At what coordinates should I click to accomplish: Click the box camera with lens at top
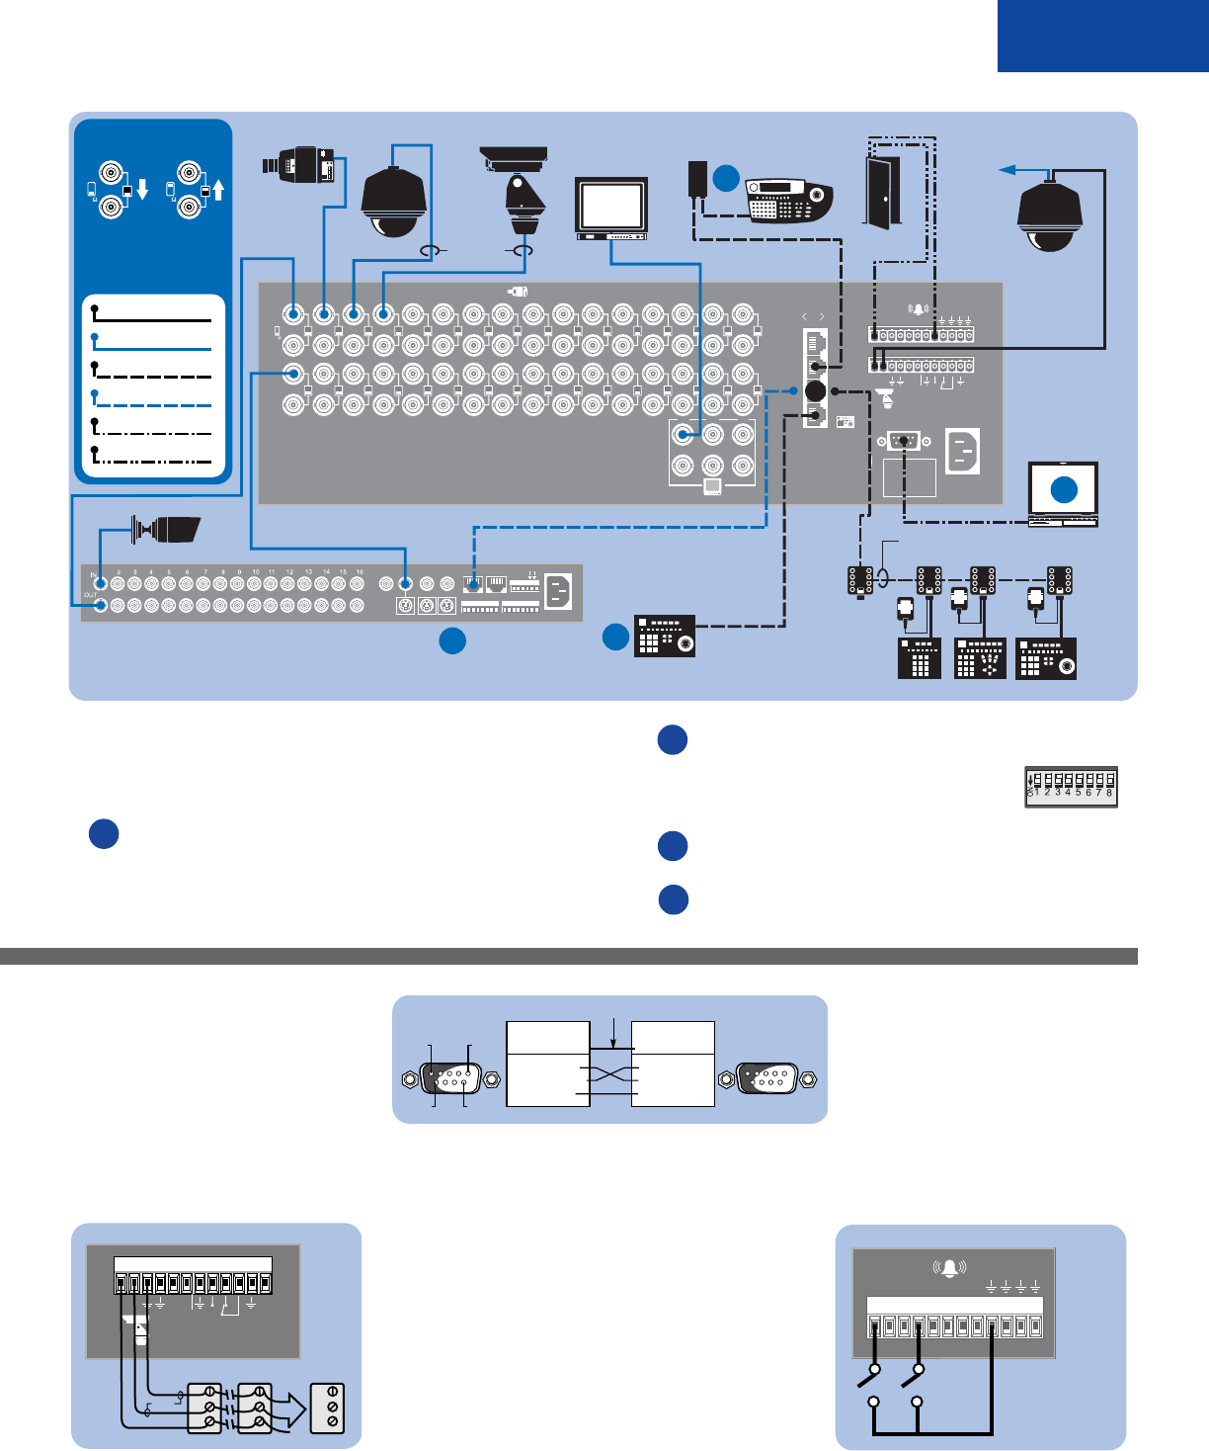coord(300,165)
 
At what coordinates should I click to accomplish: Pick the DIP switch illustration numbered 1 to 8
coord(1072,787)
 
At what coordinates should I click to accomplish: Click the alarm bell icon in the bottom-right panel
coord(949,1268)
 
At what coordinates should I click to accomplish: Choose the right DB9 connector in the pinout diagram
coord(767,1078)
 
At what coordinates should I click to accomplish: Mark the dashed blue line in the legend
coord(152,400)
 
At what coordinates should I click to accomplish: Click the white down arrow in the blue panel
coord(142,189)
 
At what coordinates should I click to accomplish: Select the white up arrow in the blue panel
coord(218,188)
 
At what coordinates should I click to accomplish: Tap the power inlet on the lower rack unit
coord(558,592)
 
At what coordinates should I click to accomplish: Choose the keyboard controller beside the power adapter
coord(788,201)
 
